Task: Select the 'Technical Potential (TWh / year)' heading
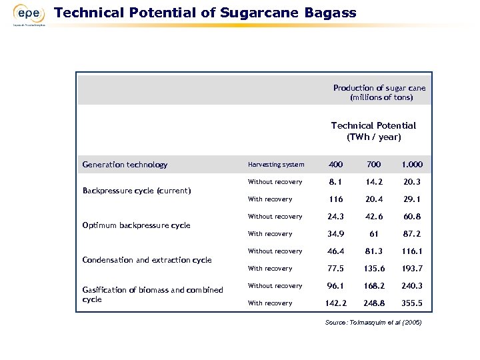(373, 131)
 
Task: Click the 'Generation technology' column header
(125, 165)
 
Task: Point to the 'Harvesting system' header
(275, 165)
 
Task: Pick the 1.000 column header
(412, 165)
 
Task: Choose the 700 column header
(373, 165)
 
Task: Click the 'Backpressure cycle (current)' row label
(137, 191)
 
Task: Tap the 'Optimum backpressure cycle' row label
(136, 225)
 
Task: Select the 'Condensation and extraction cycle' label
(147, 260)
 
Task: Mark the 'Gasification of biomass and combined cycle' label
(152, 295)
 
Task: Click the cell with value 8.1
(335, 182)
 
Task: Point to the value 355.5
(412, 303)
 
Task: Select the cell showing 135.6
(373, 269)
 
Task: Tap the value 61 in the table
(373, 234)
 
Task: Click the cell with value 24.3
(335, 217)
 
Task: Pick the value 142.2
(335, 303)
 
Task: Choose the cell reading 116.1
(412, 251)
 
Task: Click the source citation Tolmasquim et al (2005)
(373, 323)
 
